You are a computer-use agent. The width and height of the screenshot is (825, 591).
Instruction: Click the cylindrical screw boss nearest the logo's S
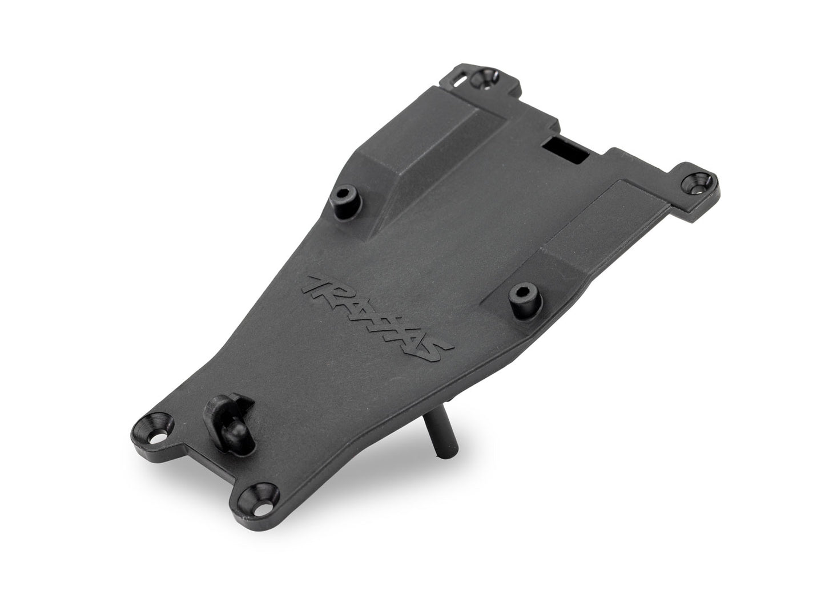tap(521, 294)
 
